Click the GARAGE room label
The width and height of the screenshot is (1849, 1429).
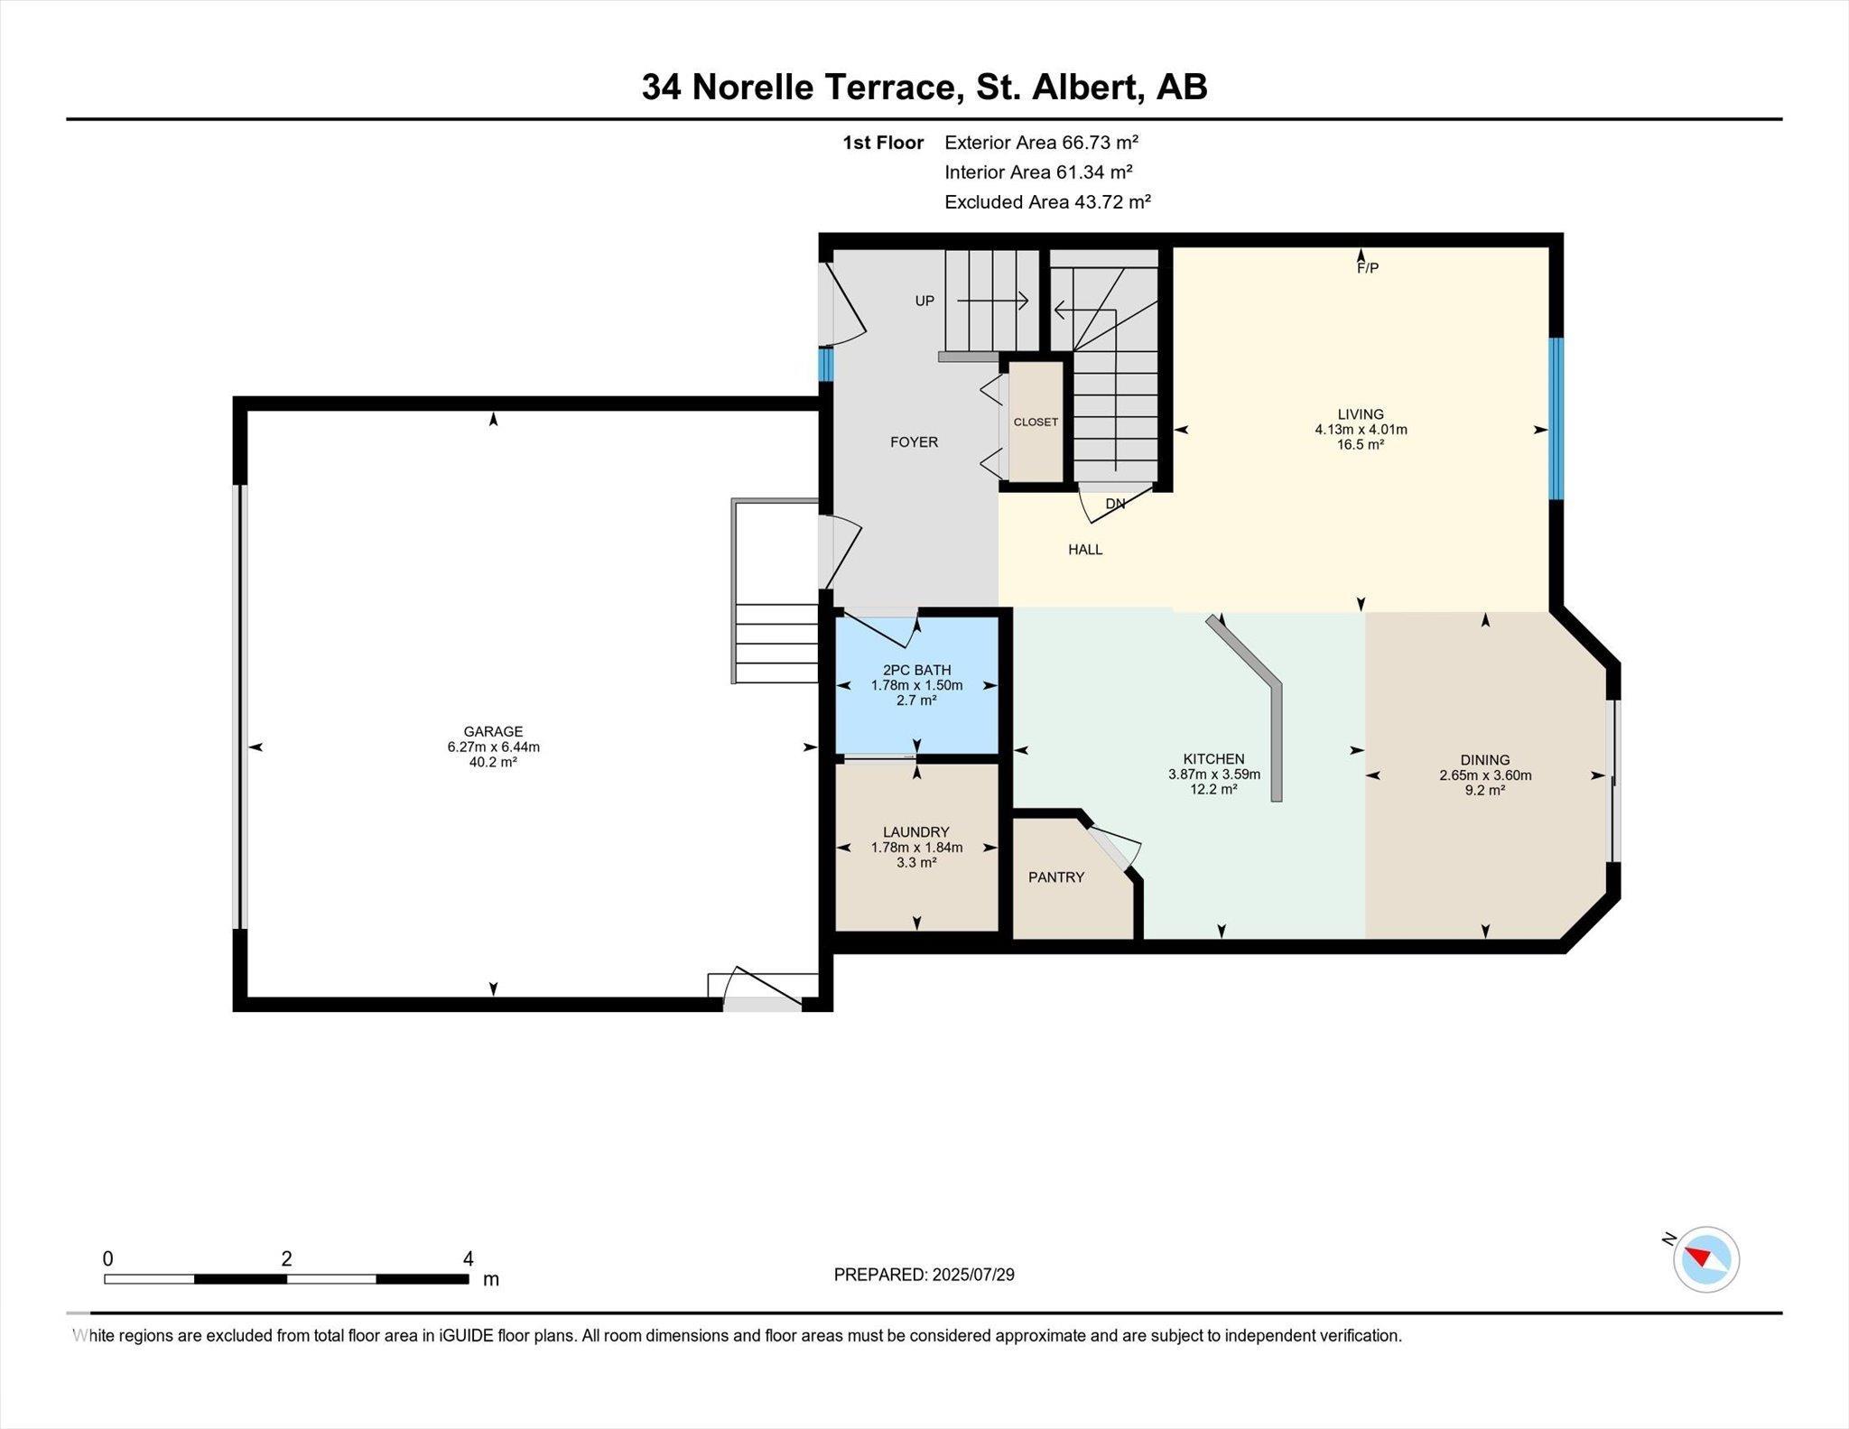point(493,731)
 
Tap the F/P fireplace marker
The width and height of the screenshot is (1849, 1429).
point(1368,268)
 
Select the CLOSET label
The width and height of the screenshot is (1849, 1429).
point(1036,422)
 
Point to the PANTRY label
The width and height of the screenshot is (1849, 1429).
point(1056,877)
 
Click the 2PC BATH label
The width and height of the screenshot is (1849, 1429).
point(916,670)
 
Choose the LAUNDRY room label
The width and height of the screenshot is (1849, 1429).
point(916,831)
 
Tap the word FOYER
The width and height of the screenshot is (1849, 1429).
point(914,441)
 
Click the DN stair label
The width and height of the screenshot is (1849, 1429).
point(1115,504)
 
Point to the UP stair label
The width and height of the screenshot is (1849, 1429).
point(924,301)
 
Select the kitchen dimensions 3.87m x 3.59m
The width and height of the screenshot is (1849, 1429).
point(1214,774)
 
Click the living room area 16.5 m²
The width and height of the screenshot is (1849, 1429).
point(1361,444)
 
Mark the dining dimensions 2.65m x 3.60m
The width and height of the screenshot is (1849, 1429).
point(1485,775)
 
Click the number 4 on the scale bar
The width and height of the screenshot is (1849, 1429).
point(468,1258)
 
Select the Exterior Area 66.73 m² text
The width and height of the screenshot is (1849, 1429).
point(1041,142)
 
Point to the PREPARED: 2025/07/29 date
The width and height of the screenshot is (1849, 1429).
point(924,1275)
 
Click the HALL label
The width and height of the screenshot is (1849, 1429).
point(1085,549)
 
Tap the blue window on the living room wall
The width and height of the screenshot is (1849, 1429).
point(1556,419)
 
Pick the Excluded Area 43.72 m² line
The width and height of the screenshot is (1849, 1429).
point(1047,201)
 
